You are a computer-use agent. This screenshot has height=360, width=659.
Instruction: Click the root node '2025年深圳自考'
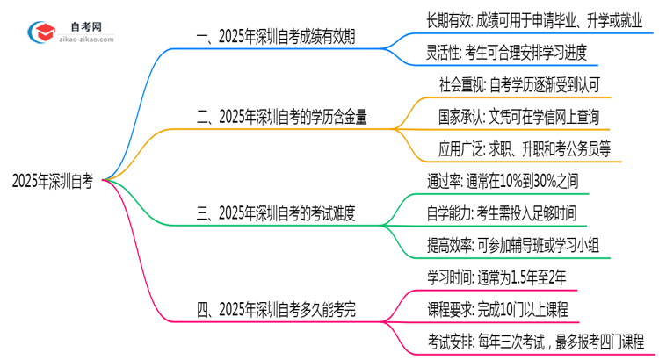53,181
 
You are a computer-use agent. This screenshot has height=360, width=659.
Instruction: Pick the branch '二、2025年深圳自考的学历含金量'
280,116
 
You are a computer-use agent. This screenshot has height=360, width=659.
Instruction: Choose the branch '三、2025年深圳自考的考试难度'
280,212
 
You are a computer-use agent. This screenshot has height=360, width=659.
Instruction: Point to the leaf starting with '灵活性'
504,53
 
